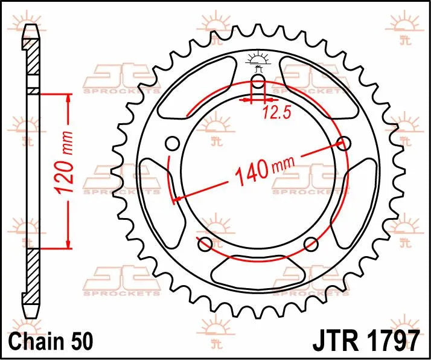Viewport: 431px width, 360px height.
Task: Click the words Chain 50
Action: point(52,341)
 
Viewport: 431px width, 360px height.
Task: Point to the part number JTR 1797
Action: point(366,341)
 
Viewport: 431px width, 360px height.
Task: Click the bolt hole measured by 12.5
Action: point(258,83)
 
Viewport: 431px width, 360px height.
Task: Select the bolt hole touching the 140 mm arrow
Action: point(343,144)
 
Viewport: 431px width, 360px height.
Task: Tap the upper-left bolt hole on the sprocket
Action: point(172,144)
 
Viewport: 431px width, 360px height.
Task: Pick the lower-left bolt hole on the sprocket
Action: point(205,244)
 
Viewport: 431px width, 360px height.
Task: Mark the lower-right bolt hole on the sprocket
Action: point(311,244)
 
